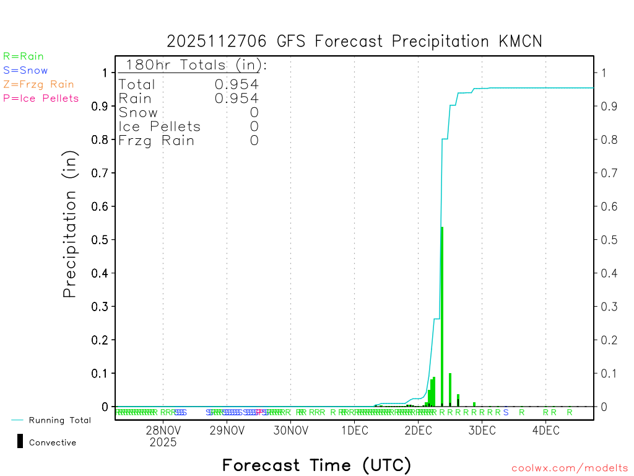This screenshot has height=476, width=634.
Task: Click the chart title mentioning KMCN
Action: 354,42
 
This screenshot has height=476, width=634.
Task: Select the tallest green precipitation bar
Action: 441,316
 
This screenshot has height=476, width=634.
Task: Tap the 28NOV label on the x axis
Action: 163,431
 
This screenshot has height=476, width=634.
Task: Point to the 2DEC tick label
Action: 418,431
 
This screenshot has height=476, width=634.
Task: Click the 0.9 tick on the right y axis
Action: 607,107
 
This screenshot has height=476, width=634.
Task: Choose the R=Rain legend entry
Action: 24,56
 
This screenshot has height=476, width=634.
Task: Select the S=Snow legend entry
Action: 25,71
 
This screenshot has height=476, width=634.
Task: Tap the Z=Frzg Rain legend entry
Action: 38,84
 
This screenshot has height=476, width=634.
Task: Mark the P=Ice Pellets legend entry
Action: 41,98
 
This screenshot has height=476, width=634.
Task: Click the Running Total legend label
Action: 60,420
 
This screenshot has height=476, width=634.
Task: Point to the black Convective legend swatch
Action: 20,441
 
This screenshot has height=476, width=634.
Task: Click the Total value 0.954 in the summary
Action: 237,84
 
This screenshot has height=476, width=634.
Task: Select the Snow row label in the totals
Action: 138,112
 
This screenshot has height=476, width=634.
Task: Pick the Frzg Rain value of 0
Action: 254,141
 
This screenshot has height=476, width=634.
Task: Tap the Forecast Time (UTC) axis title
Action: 316,465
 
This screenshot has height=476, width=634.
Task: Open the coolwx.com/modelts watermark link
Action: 570,469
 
